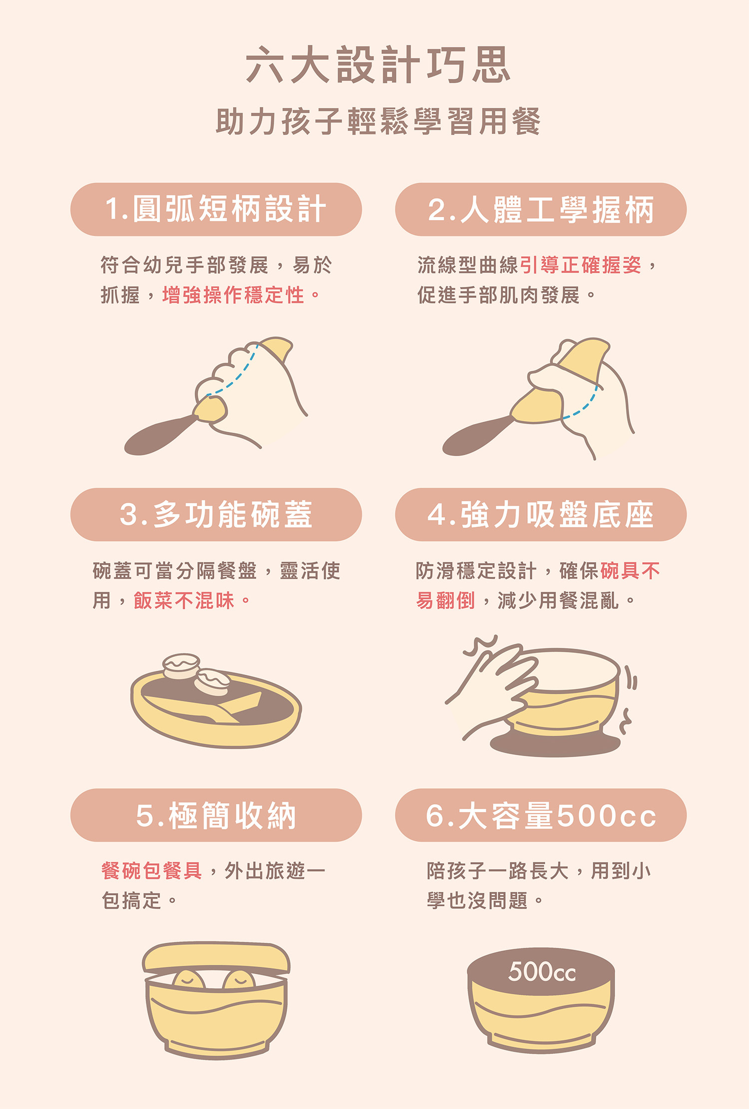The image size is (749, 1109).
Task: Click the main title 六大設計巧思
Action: point(378,65)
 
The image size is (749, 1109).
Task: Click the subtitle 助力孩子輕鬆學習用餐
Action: point(378,121)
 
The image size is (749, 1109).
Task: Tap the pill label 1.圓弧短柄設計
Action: point(216,209)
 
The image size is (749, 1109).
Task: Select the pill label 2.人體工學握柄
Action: point(541,209)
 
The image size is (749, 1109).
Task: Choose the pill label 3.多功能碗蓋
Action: point(216,515)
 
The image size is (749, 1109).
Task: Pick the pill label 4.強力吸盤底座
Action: point(541,515)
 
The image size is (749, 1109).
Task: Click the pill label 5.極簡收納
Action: point(216,816)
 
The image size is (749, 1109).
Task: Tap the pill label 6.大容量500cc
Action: point(541,816)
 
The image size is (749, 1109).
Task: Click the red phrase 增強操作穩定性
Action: point(233,295)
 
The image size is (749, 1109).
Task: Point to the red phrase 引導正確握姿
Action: point(581,265)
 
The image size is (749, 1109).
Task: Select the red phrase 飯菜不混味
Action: point(184,600)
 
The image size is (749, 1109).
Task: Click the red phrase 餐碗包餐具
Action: point(152,871)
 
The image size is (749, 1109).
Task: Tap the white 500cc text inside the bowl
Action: point(542,972)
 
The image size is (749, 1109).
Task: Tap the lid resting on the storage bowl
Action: point(216,957)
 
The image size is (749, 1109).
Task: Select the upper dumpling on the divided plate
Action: point(182,666)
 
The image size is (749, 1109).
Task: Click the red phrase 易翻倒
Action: point(445,600)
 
